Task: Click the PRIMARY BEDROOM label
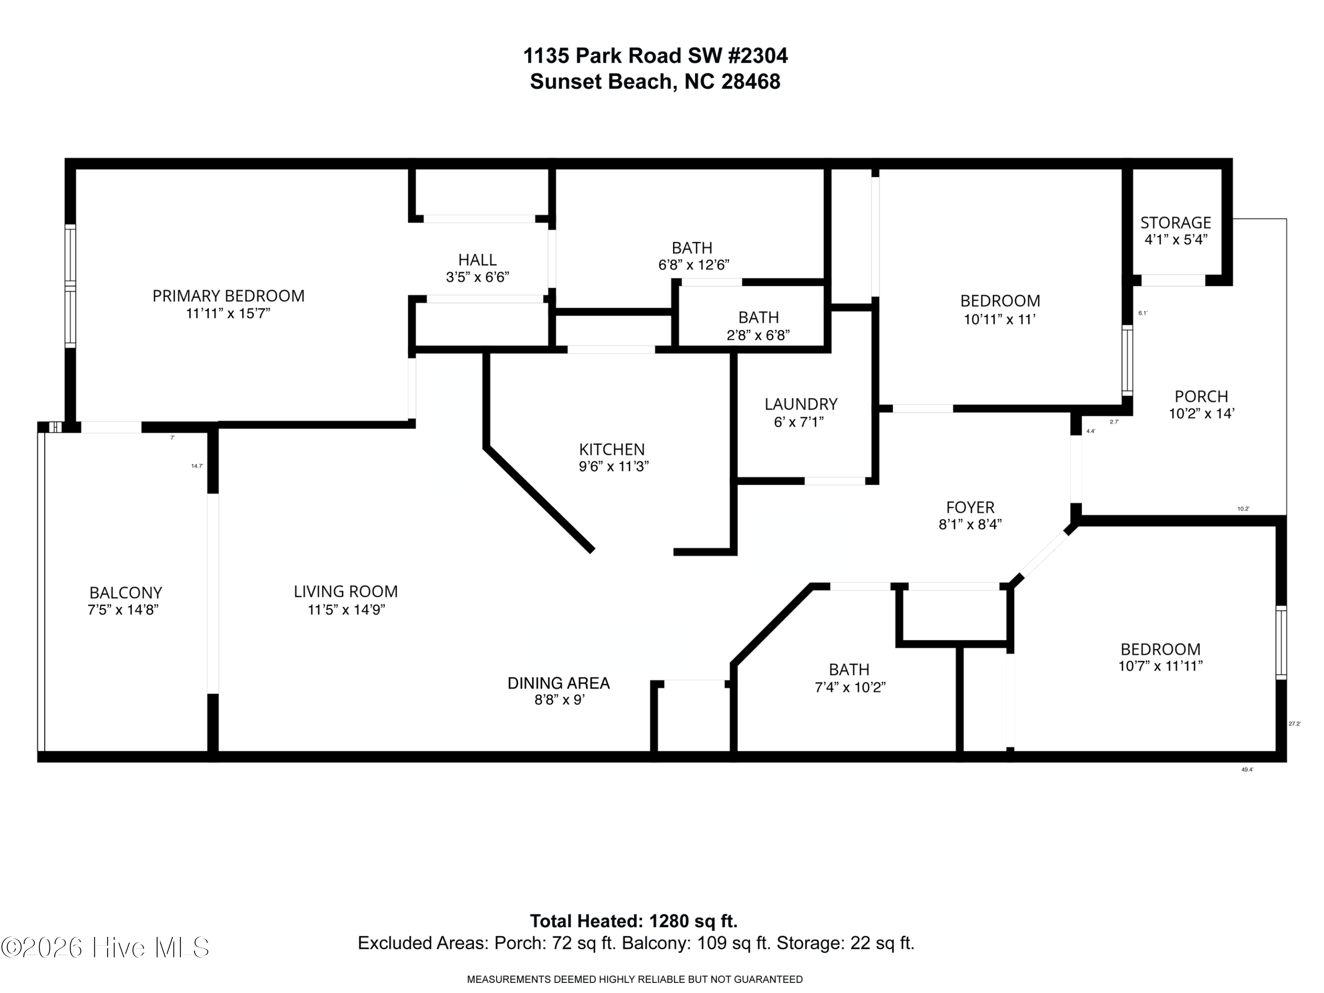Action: pyautogui.click(x=228, y=296)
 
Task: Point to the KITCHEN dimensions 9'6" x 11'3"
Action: pyautogui.click(x=613, y=467)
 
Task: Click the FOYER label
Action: pyautogui.click(x=970, y=508)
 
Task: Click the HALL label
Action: pyautogui.click(x=477, y=260)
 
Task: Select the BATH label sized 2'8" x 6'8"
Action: pyautogui.click(x=758, y=317)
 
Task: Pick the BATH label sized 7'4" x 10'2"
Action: pyautogui.click(x=849, y=669)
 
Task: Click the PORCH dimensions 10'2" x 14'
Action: pyautogui.click(x=1201, y=414)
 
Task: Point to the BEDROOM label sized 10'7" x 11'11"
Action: pyautogui.click(x=1160, y=650)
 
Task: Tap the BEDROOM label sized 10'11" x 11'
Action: pyautogui.click(x=1000, y=301)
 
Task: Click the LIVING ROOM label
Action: pyautogui.click(x=346, y=591)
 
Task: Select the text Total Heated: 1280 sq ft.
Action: pyautogui.click(x=633, y=921)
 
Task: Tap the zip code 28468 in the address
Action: pyautogui.click(x=750, y=81)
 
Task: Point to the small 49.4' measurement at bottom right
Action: pyautogui.click(x=1247, y=770)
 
